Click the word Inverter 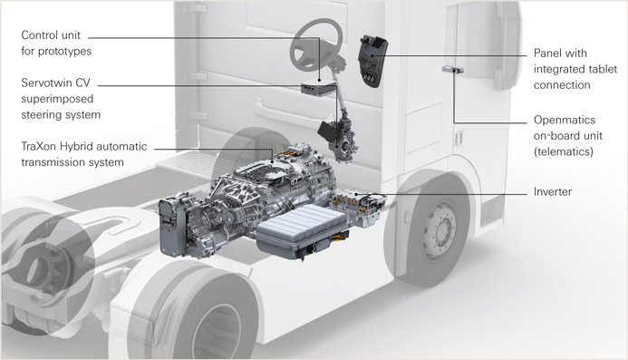(552, 191)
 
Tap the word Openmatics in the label (565, 120)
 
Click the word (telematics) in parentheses (563, 151)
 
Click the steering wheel (316, 45)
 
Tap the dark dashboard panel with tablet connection (372, 60)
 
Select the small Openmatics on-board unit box (453, 70)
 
